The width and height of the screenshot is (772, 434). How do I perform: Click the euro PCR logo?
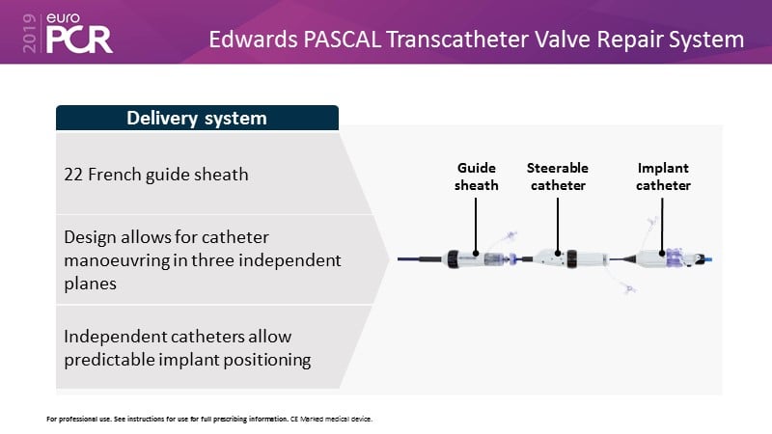[x=79, y=33]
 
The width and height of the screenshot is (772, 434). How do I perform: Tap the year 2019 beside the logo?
[x=30, y=33]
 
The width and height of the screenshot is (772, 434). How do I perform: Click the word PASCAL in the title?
[x=343, y=40]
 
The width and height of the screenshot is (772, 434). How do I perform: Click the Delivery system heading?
[x=197, y=118]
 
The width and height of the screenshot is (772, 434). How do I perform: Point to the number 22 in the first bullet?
[x=73, y=175]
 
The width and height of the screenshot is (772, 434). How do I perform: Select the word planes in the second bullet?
[x=90, y=284]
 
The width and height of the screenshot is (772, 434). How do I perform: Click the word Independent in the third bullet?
[x=114, y=337]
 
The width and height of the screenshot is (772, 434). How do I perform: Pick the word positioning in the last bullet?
[x=267, y=360]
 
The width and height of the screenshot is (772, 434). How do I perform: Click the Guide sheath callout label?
[x=476, y=176]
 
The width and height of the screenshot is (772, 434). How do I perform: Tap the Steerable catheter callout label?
[x=558, y=176]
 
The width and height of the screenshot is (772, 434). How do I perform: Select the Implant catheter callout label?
[x=663, y=176]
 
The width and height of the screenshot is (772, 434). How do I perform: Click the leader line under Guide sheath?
[x=476, y=227]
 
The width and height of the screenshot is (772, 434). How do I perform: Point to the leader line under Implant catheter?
[x=662, y=227]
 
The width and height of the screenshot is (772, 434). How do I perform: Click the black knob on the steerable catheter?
[x=571, y=258]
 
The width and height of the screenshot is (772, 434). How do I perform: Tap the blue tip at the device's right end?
[x=709, y=258]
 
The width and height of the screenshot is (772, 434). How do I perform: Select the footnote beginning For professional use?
[x=209, y=420]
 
